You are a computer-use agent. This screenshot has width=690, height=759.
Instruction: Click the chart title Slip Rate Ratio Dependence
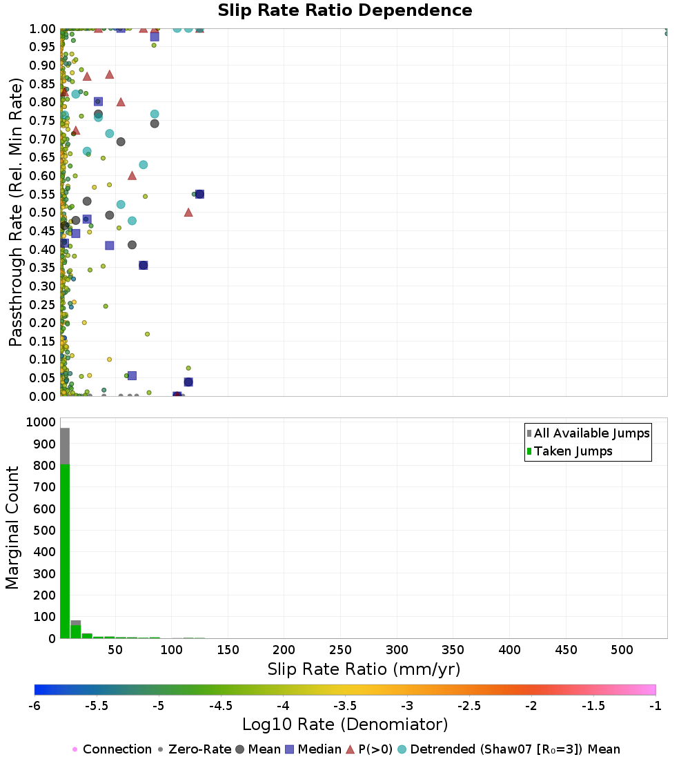tap(345, 11)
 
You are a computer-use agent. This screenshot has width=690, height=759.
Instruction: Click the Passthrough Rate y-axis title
tap(17, 212)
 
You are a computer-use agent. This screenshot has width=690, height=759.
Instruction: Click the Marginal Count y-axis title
tap(12, 528)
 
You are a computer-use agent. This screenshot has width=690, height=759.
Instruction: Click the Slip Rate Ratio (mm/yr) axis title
tap(364, 669)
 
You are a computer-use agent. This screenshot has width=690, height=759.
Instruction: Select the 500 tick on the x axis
tap(622, 649)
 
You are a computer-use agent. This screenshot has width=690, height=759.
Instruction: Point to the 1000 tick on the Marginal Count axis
tap(41, 422)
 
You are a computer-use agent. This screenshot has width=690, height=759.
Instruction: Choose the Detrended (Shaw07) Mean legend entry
tap(515, 749)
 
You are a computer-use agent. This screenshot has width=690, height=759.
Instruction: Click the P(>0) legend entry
tap(375, 749)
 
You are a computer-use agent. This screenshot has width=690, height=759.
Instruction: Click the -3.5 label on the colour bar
tap(345, 706)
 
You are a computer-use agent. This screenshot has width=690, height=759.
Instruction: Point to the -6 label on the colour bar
tap(34, 706)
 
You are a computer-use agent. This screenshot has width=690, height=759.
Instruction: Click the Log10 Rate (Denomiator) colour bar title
tap(345, 724)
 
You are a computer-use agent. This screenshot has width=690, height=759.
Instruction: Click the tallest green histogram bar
tap(65, 552)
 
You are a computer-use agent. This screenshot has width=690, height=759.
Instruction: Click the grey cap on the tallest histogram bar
tap(65, 446)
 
